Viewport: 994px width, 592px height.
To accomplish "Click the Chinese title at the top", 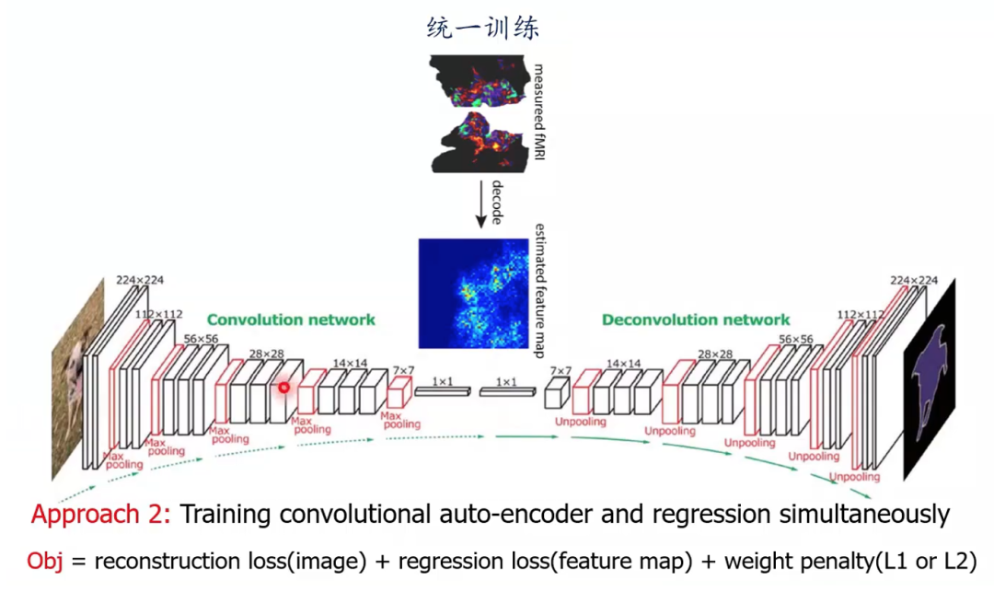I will pyautogui.click(x=483, y=28).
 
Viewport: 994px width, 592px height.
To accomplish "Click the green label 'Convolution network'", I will pyautogui.click(x=291, y=319).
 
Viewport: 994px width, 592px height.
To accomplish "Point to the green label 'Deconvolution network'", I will pyautogui.click(x=695, y=319).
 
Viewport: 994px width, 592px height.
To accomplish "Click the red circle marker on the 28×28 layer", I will pyautogui.click(x=284, y=387).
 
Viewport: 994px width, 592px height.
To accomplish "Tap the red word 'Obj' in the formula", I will pyautogui.click(x=46, y=561).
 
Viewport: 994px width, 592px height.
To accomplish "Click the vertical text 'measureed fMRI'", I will pyautogui.click(x=540, y=110).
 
